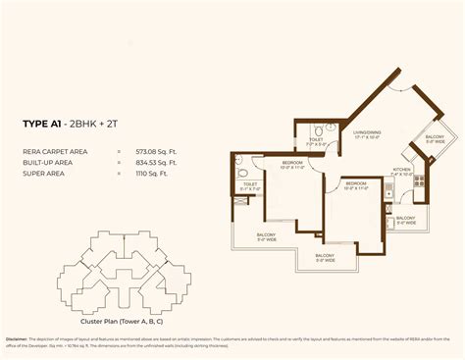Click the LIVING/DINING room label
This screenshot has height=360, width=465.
(x=368, y=133)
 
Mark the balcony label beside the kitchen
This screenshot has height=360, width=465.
(x=406, y=220)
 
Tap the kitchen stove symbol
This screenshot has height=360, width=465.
(x=418, y=181)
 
